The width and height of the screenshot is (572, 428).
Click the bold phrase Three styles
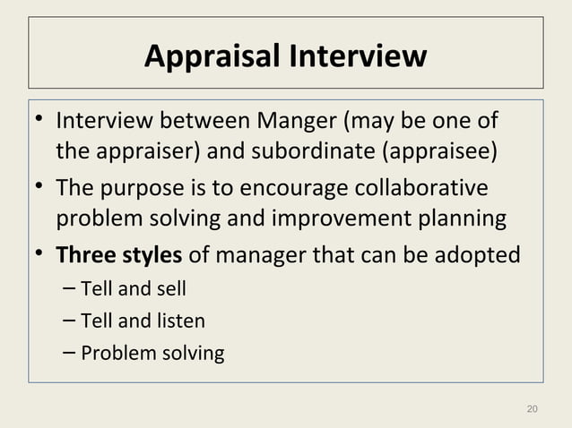tap(120, 255)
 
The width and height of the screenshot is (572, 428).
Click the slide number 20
tap(532, 409)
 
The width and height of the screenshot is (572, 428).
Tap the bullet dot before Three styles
tap(41, 255)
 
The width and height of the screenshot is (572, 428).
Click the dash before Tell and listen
tap(70, 320)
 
